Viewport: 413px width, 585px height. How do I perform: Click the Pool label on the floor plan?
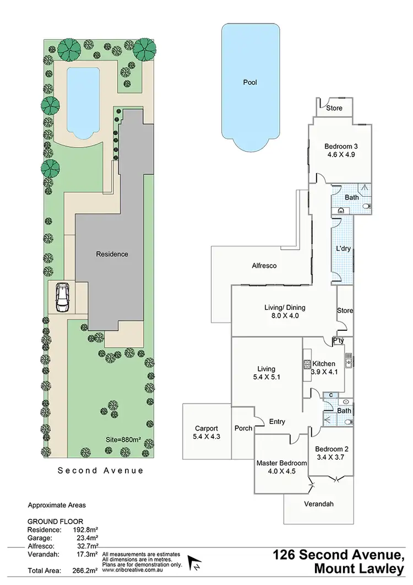coord(250,83)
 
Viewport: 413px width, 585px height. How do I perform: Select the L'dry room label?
coord(343,249)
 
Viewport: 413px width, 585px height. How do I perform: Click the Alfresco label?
coord(264,266)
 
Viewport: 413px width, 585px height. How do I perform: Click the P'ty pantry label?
coord(338,341)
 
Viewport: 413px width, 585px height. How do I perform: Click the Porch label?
coord(243,428)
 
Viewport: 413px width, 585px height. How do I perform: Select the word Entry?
coord(277,422)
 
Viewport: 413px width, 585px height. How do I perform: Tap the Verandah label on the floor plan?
coord(319,503)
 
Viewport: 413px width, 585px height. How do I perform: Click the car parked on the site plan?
coord(63,298)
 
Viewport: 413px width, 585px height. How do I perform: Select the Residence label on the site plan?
coord(112,254)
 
